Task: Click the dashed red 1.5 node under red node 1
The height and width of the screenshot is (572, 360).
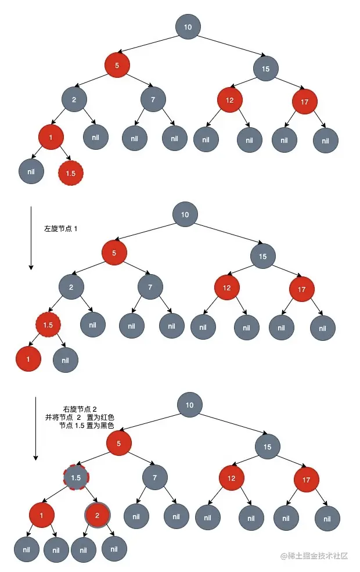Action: pos(71,172)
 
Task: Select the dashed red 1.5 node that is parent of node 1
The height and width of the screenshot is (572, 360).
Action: pos(48,325)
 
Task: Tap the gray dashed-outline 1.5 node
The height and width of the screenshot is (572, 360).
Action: pos(75,478)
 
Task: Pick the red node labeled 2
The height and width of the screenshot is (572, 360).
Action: pos(98,515)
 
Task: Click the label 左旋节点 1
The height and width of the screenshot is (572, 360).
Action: pos(61,229)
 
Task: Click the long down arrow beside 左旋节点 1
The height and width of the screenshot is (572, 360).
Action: pos(31,238)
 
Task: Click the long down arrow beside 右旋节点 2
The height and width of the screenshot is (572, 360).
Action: pos(36,429)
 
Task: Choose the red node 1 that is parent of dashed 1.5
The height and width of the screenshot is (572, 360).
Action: pos(51,137)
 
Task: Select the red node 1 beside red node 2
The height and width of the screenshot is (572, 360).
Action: pos(42,515)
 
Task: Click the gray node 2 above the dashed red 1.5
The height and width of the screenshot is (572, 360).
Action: pos(71,287)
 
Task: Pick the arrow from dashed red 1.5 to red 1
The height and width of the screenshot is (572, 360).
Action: pos(37,343)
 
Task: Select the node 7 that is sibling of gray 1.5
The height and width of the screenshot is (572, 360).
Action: pos(155,478)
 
